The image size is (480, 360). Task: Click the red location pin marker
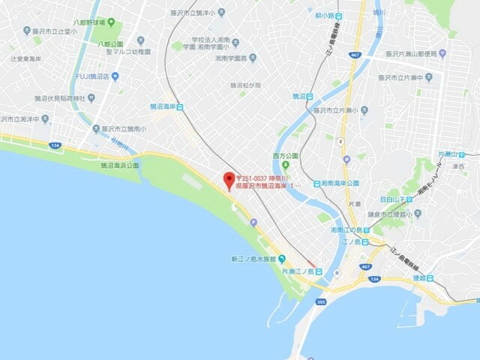pos(229,180)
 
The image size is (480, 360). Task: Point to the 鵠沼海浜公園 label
pos(120,165)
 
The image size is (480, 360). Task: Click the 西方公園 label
pos(285,156)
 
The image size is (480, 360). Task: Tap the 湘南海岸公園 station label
pos(341,183)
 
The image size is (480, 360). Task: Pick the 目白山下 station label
pos(395,199)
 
